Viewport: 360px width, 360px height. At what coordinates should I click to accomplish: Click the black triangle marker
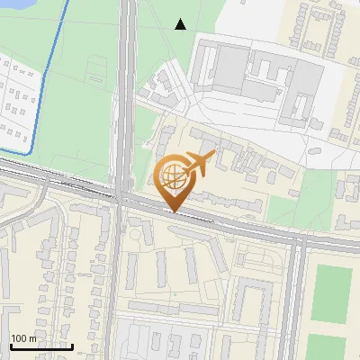click(x=181, y=24)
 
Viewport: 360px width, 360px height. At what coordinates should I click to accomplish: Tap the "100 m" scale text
click(x=23, y=338)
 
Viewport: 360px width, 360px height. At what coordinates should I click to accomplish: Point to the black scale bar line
click(x=40, y=346)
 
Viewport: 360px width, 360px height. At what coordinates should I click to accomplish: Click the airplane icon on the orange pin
click(x=199, y=163)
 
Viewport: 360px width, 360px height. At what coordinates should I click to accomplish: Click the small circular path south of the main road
click(x=137, y=235)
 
